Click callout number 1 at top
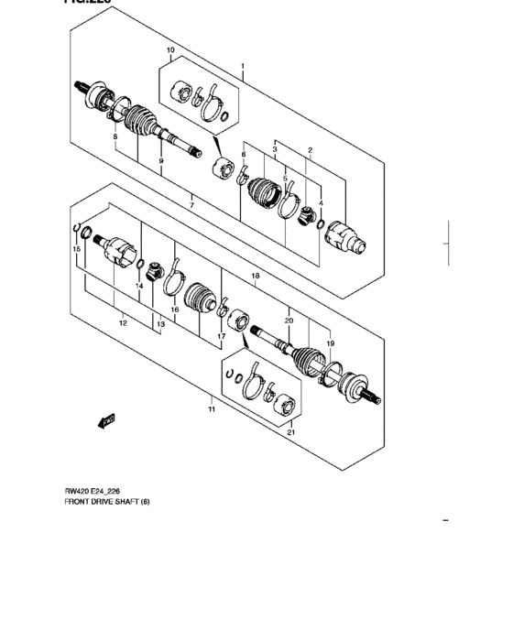[243, 67]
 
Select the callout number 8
[115, 136]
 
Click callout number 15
[77, 249]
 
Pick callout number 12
[123, 323]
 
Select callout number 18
[256, 276]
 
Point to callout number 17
[221, 336]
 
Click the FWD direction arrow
[107, 419]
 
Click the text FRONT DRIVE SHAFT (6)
[106, 502]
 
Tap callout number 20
[289, 321]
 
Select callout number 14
[140, 287]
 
